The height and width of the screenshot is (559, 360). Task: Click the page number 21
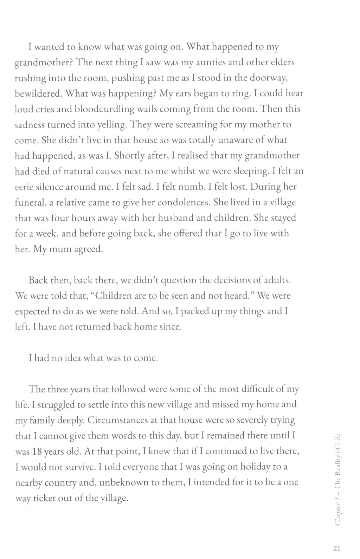pos(336,548)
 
